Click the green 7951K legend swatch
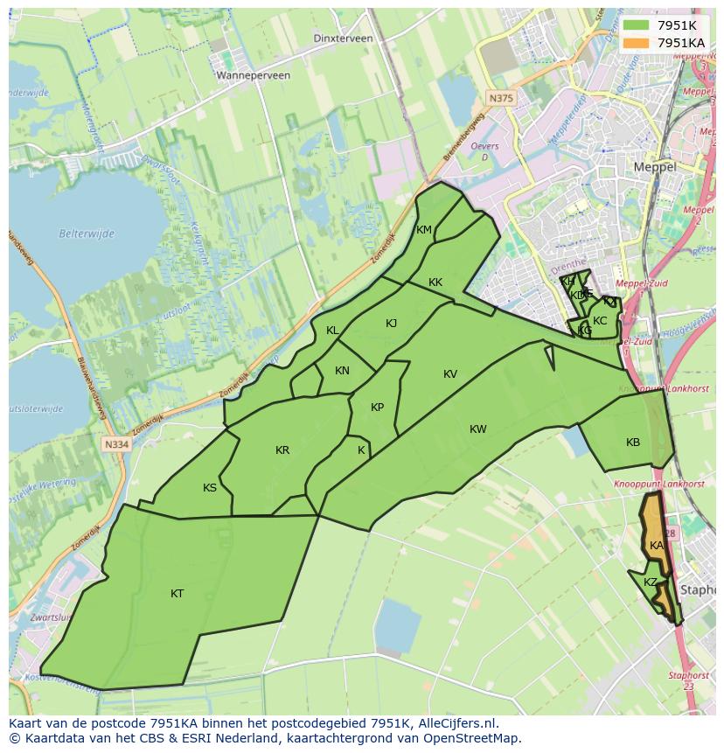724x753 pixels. pyautogui.click(x=637, y=25)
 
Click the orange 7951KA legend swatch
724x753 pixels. pyautogui.click(x=637, y=43)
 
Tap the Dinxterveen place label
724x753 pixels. pyautogui.click(x=344, y=38)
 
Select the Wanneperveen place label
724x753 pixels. pyautogui.click(x=254, y=75)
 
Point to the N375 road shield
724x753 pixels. pyautogui.click(x=502, y=99)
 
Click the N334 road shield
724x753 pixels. pyautogui.click(x=115, y=444)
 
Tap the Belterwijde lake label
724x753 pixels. pyautogui.click(x=87, y=234)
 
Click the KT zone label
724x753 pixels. pyautogui.click(x=178, y=594)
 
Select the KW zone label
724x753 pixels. pyautogui.click(x=477, y=429)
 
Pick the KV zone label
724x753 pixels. pyautogui.click(x=450, y=374)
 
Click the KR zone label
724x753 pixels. pyautogui.click(x=282, y=450)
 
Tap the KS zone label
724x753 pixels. pyautogui.click(x=210, y=488)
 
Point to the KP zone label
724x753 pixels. pyautogui.click(x=377, y=408)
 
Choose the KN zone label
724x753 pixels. pyautogui.click(x=342, y=371)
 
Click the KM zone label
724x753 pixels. pyautogui.click(x=424, y=230)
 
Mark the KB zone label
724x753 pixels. pyautogui.click(x=633, y=443)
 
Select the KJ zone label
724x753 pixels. pyautogui.click(x=391, y=324)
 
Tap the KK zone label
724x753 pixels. pyautogui.click(x=435, y=282)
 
